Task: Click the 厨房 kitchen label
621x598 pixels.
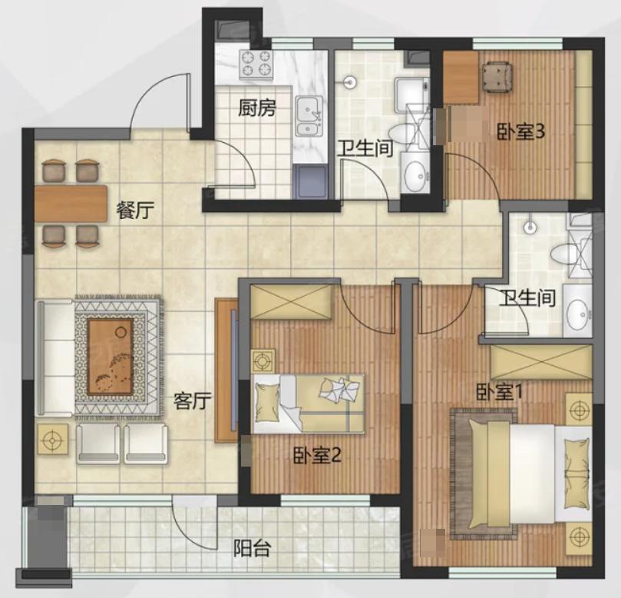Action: [x=256, y=108]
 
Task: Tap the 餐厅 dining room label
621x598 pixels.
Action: [x=134, y=210]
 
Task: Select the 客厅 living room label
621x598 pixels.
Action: [x=193, y=401]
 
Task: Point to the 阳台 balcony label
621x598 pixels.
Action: [x=252, y=549]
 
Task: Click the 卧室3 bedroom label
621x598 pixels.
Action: [x=521, y=131]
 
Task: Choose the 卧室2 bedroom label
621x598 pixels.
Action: [x=317, y=456]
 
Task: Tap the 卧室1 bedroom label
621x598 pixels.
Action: [x=499, y=392]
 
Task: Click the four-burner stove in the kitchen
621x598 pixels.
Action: [x=256, y=65]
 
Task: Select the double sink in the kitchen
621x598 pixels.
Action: [x=309, y=116]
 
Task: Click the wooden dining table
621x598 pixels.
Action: [x=71, y=204]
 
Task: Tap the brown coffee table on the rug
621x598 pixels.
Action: [x=111, y=357]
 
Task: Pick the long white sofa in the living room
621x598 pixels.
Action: [x=55, y=358]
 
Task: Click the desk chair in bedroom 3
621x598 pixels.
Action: [x=497, y=77]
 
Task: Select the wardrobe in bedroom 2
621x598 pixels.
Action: [x=291, y=302]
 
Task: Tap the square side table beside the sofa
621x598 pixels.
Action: [x=53, y=439]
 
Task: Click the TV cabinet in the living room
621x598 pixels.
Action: [x=226, y=370]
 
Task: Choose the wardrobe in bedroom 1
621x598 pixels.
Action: [x=541, y=363]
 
